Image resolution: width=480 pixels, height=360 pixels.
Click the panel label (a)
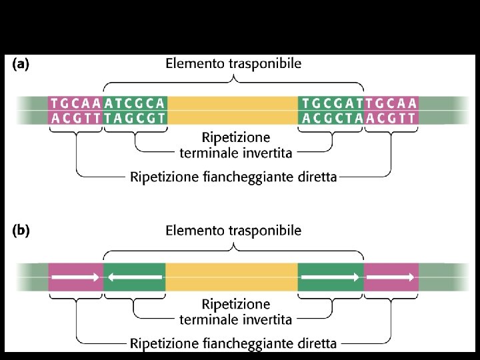(20, 65)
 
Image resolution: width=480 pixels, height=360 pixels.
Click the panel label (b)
(20, 231)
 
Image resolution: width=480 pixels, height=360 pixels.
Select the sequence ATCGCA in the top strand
(135, 103)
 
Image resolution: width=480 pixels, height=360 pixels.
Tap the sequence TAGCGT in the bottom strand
(135, 118)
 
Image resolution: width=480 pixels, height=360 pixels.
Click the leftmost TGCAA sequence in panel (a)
(76, 103)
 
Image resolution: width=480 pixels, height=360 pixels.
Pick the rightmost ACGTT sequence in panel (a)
(391, 118)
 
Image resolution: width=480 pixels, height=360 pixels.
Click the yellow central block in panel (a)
(232, 111)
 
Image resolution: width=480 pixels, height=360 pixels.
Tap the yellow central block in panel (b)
(232, 276)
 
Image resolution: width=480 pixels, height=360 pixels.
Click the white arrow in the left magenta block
(76, 275)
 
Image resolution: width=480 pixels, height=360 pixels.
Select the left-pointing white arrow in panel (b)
(135, 275)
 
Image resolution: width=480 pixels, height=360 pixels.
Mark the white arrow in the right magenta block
(391, 275)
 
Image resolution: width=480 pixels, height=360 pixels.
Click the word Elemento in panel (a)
(193, 64)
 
